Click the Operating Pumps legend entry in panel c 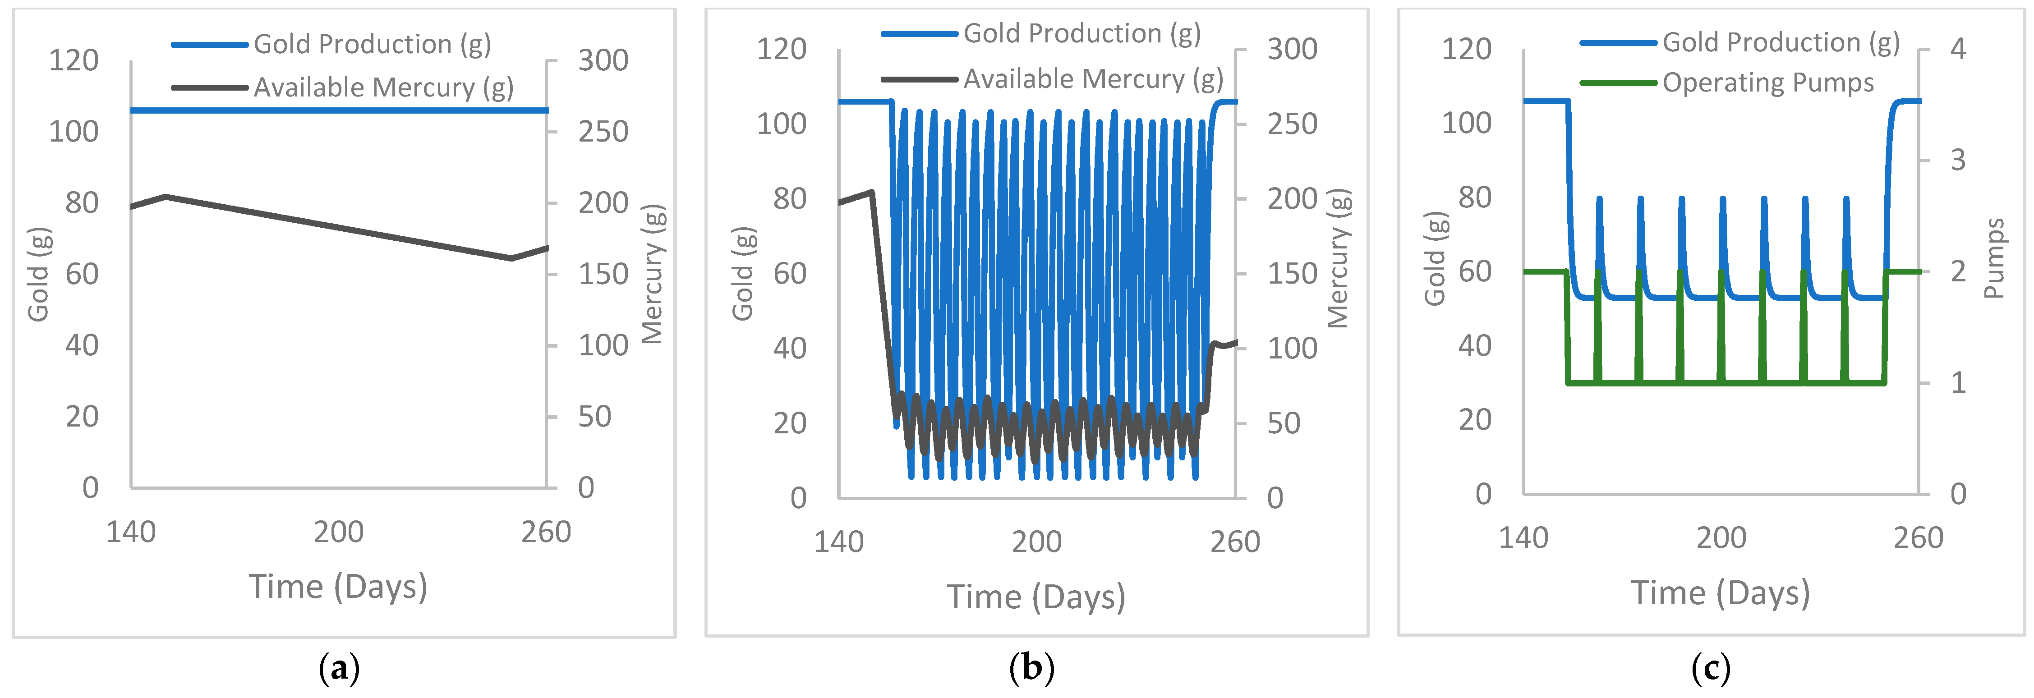(x=1767, y=83)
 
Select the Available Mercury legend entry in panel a (x=383, y=87)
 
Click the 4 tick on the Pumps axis (x=1958, y=49)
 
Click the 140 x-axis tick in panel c (x=1523, y=538)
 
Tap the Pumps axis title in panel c (x=1994, y=258)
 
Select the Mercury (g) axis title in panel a (x=653, y=274)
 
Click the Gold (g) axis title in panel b (x=742, y=274)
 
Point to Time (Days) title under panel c (x=1721, y=593)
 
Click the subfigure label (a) (x=339, y=669)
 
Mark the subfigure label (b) (x=1031, y=669)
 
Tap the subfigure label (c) (x=1711, y=669)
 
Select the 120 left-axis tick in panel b (x=781, y=50)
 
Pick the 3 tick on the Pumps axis (x=1958, y=160)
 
